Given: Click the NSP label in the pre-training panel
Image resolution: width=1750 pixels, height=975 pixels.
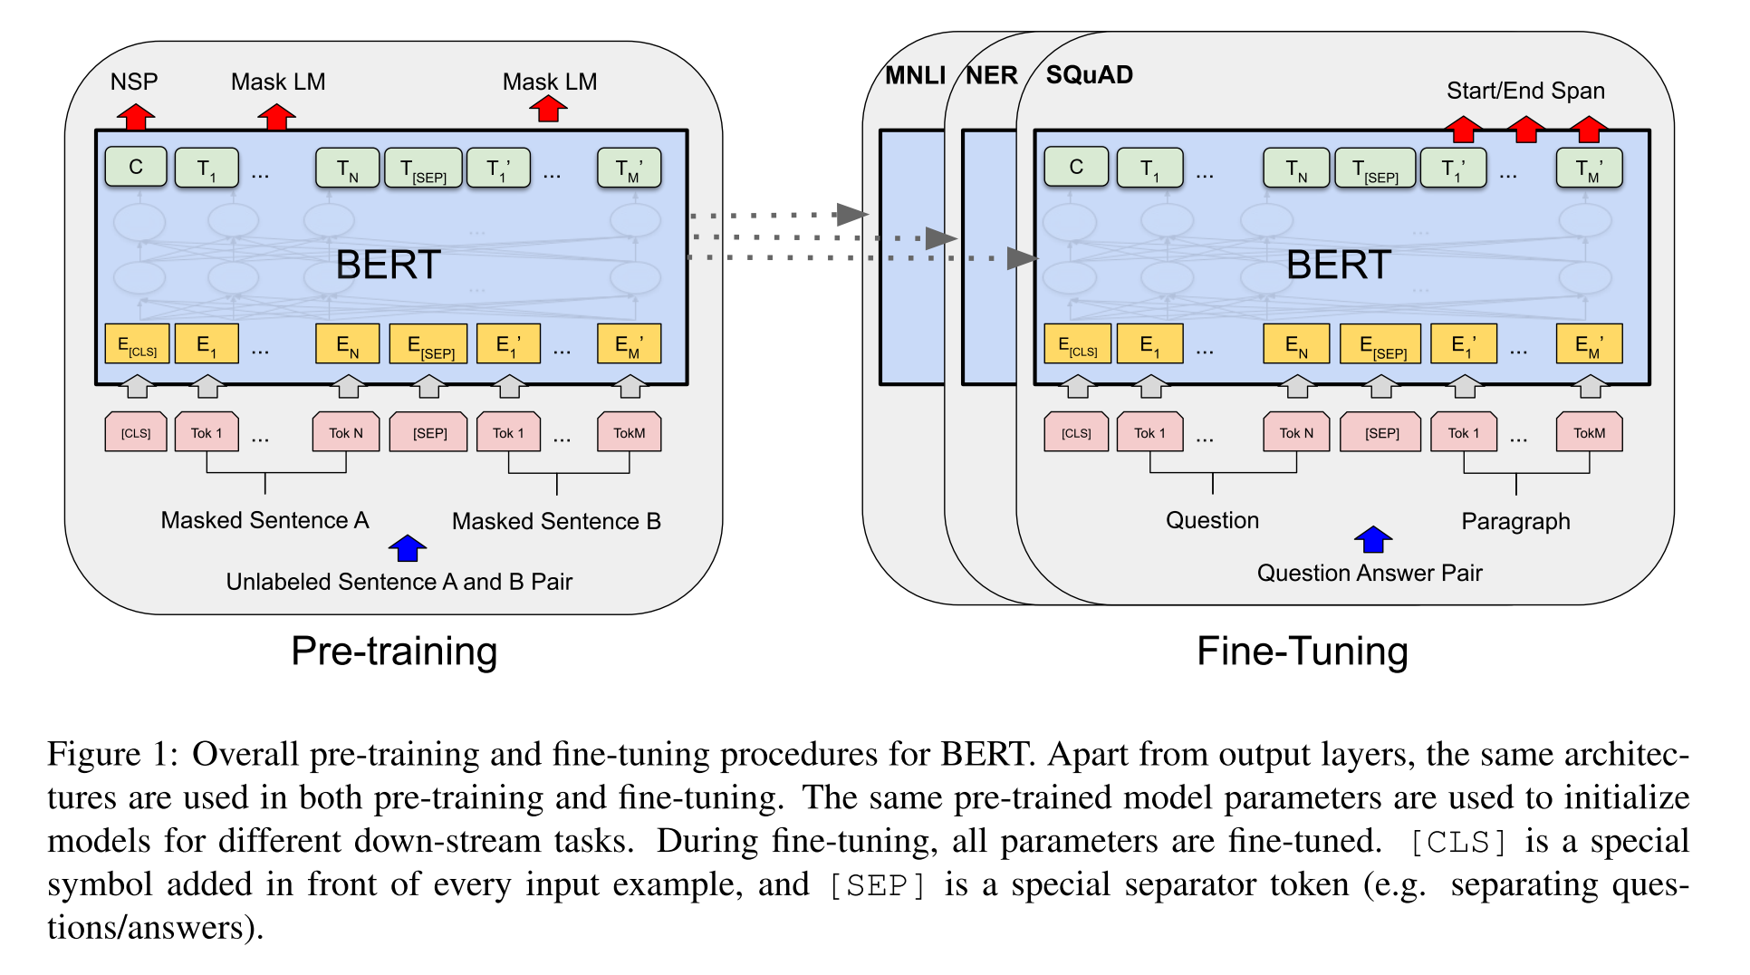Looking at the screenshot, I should (134, 82).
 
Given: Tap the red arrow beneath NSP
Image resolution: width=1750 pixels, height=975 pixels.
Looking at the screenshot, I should (135, 116).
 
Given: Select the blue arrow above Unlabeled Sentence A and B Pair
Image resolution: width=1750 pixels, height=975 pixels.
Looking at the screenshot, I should (407, 547).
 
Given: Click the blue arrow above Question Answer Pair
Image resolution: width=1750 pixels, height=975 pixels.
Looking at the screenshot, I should (1372, 539).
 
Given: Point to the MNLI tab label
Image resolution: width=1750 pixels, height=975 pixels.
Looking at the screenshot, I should (915, 75).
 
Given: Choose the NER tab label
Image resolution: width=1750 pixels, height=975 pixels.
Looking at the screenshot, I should (991, 75).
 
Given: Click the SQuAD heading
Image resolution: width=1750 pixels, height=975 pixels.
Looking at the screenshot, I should (1089, 75).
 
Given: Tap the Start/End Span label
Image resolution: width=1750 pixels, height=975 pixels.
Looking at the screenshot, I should (1524, 91).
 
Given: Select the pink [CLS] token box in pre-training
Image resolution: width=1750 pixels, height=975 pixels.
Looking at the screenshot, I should (136, 432).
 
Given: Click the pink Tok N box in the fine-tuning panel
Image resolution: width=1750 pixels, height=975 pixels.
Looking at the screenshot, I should (1295, 432).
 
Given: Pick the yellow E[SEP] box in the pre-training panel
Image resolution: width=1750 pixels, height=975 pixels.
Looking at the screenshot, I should (428, 345).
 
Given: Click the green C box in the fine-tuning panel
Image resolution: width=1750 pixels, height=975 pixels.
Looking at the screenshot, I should (1075, 168).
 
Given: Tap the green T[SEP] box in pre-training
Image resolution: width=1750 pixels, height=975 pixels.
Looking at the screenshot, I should (423, 169).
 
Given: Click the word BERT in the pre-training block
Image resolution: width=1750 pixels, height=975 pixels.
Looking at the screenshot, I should (388, 265).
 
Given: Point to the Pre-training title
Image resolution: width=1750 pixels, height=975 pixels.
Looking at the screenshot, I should (394, 651).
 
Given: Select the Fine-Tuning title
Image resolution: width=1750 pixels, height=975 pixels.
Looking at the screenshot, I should (1302, 651).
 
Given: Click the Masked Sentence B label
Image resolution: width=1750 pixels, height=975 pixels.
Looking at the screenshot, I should (556, 521).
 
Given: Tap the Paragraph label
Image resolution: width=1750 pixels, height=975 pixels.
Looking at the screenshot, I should (1515, 521).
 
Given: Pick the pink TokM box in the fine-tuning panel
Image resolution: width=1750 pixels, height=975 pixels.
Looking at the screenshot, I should (1588, 432).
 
